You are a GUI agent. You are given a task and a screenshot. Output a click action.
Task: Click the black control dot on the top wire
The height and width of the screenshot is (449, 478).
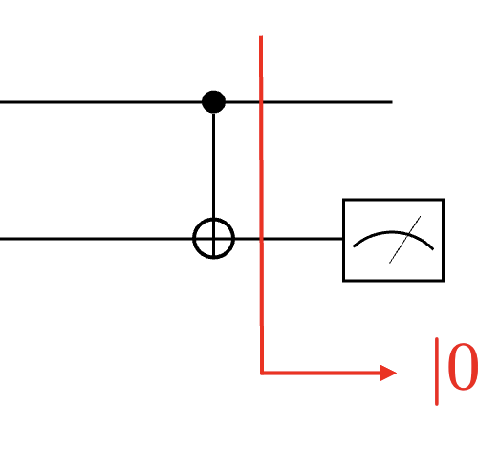(213, 102)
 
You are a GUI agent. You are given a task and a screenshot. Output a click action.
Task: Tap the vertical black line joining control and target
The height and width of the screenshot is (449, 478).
(213, 165)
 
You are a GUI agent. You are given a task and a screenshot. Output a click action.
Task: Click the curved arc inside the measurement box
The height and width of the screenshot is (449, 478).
(393, 233)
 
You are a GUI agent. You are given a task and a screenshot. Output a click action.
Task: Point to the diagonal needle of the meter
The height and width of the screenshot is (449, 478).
(404, 240)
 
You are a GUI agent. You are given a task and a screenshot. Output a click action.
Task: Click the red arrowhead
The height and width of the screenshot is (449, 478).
(389, 373)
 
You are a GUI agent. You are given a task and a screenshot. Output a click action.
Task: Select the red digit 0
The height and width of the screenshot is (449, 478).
(463, 367)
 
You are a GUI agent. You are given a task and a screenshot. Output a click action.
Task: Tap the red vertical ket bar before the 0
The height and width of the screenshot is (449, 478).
(437, 372)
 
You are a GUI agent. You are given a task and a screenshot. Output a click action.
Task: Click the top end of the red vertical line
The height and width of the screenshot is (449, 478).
(261, 36)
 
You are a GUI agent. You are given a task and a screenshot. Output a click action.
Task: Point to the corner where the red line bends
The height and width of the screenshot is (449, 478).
(262, 373)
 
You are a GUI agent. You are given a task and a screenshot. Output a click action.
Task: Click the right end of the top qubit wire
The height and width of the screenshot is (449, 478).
(392, 102)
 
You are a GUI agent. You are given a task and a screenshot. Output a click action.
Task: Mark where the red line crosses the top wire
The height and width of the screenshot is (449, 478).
(261, 102)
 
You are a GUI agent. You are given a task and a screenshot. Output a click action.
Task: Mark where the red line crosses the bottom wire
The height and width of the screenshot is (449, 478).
(261, 239)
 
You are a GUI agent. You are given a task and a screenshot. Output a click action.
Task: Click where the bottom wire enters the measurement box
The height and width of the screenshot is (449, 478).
(343, 239)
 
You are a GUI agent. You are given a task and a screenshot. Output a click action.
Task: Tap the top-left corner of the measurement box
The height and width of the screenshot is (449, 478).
(343, 200)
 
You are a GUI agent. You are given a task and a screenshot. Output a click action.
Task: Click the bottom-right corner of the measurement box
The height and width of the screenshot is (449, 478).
(444, 281)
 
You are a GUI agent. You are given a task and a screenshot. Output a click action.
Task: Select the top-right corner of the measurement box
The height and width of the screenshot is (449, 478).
(444, 200)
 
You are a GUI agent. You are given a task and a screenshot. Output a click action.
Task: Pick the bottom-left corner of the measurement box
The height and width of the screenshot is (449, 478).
(343, 281)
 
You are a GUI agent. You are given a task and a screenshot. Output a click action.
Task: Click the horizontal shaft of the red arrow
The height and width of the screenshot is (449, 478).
(321, 373)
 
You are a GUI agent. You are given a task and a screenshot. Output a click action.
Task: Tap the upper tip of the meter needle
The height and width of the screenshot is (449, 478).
(421, 216)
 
